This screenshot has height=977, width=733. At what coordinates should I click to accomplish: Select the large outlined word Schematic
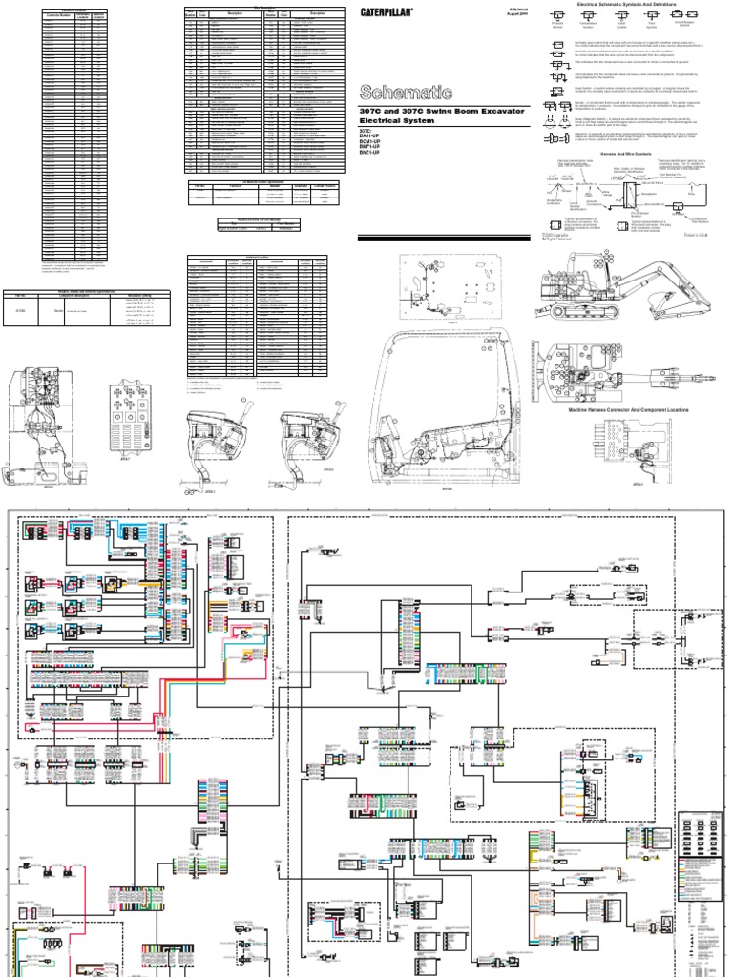click(x=398, y=93)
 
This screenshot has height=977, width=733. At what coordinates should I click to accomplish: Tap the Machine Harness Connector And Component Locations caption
click(x=632, y=408)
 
